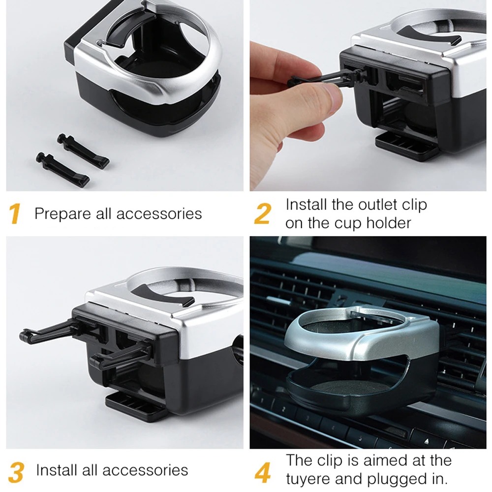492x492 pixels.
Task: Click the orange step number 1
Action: point(15,214)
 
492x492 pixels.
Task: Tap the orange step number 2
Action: point(263,214)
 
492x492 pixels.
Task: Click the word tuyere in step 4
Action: point(310,479)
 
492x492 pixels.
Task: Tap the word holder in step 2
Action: point(388,223)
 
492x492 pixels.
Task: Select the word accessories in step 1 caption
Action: point(159,214)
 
